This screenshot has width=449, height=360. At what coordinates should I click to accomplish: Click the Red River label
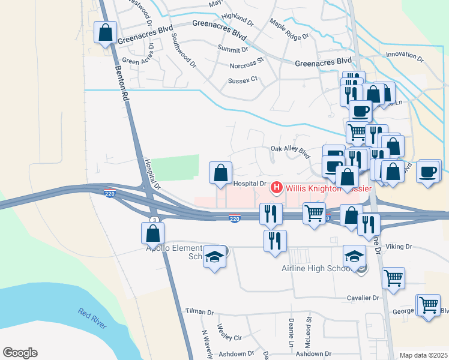(92, 319)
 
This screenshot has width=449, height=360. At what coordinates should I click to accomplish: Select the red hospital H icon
(277, 188)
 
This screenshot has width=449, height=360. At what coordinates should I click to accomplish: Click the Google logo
(20, 353)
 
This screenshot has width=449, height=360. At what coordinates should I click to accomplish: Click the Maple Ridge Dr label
(289, 29)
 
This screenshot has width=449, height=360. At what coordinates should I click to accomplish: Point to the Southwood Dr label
(183, 50)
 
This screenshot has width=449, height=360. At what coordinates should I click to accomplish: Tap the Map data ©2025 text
(423, 355)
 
